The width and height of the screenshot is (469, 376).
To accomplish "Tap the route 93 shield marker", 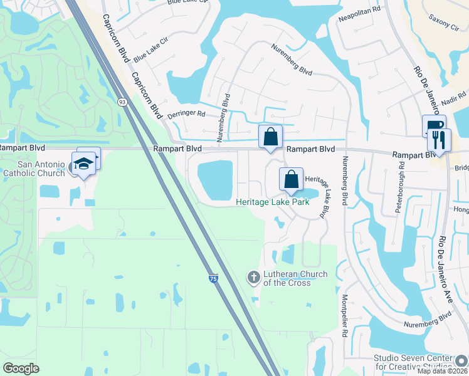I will (x=122, y=101).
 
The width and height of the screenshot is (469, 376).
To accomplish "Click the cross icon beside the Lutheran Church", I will (x=253, y=277).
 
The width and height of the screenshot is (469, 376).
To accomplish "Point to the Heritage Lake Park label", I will (x=272, y=202).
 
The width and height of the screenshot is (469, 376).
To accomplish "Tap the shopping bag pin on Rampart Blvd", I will (x=270, y=137).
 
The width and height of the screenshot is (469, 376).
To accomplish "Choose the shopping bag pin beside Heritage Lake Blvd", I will (x=292, y=179).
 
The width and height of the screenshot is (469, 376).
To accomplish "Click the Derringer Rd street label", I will (x=187, y=115).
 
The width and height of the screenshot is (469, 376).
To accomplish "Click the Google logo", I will (x=21, y=368).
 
